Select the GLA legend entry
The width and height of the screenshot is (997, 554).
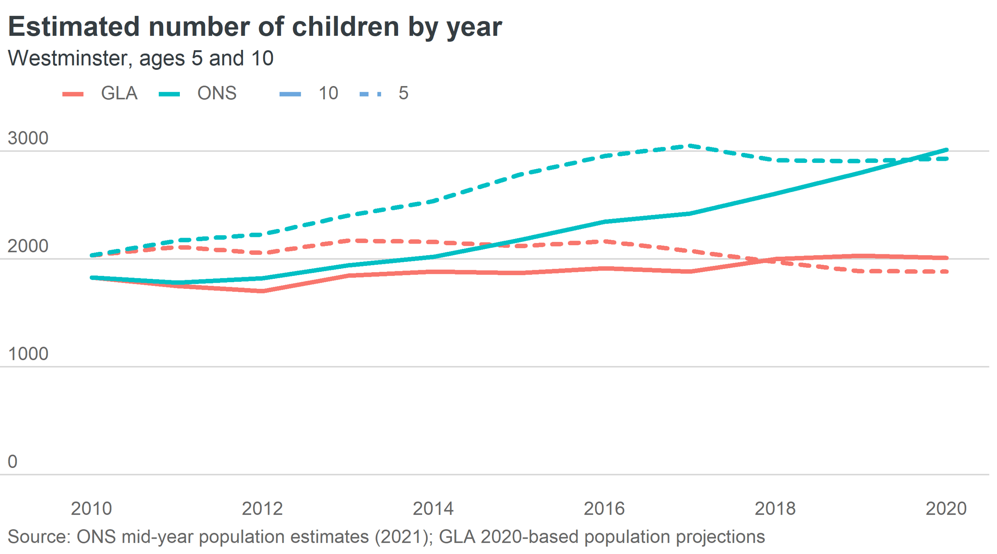(100, 94)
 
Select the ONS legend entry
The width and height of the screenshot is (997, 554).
(198, 94)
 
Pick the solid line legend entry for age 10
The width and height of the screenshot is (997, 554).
(309, 94)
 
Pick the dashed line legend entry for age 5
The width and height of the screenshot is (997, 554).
(384, 94)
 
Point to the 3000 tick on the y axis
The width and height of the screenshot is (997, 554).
(28, 138)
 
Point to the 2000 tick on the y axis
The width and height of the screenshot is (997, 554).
(28, 246)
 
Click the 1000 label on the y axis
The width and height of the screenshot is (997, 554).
(28, 354)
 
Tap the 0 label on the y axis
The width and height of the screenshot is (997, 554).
(12, 462)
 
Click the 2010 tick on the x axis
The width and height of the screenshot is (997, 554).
(91, 509)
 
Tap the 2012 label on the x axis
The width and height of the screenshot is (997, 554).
(263, 509)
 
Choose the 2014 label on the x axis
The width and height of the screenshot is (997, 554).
(433, 509)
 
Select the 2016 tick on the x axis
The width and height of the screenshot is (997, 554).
(604, 509)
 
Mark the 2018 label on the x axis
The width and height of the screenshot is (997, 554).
(775, 509)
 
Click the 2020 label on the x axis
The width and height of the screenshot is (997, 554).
(946, 509)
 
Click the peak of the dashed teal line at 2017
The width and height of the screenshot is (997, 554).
(690, 146)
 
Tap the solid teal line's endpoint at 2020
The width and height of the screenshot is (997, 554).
(946, 150)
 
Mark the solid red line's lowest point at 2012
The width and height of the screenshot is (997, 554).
(263, 291)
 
